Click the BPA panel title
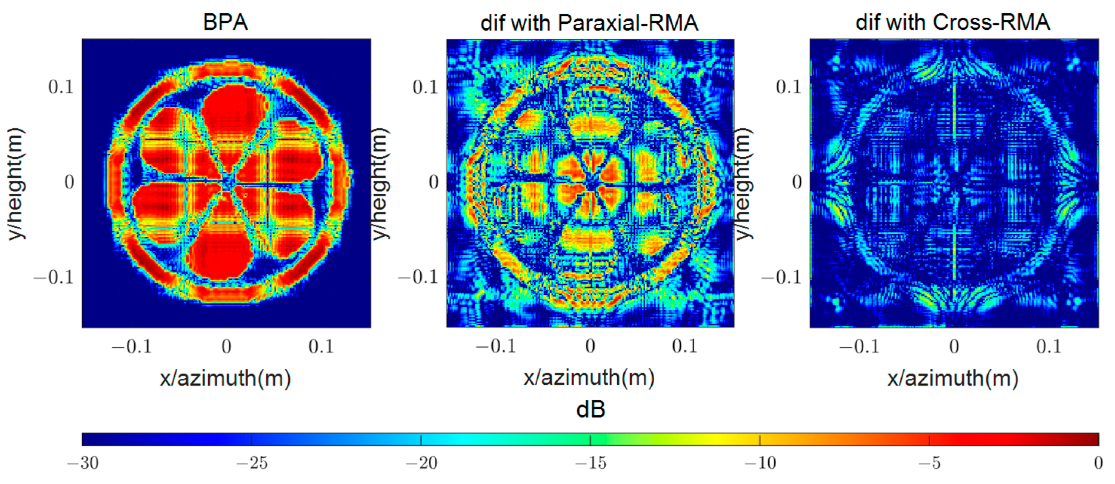(x=226, y=22)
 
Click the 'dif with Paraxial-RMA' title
(x=589, y=22)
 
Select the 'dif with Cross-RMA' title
(x=953, y=22)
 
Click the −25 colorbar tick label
(x=252, y=463)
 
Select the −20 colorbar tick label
(x=421, y=463)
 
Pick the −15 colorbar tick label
(x=591, y=463)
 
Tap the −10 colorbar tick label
(x=760, y=463)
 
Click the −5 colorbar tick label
(x=929, y=463)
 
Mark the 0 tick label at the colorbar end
(x=1098, y=463)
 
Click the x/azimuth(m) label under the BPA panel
(x=226, y=378)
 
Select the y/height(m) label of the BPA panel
(x=17, y=183)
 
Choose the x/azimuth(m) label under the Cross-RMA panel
(x=953, y=378)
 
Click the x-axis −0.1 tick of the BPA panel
(x=132, y=346)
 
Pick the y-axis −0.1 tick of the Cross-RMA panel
(x=781, y=277)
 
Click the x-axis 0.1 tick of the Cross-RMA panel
(x=1049, y=346)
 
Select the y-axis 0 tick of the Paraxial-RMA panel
(x=434, y=182)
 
